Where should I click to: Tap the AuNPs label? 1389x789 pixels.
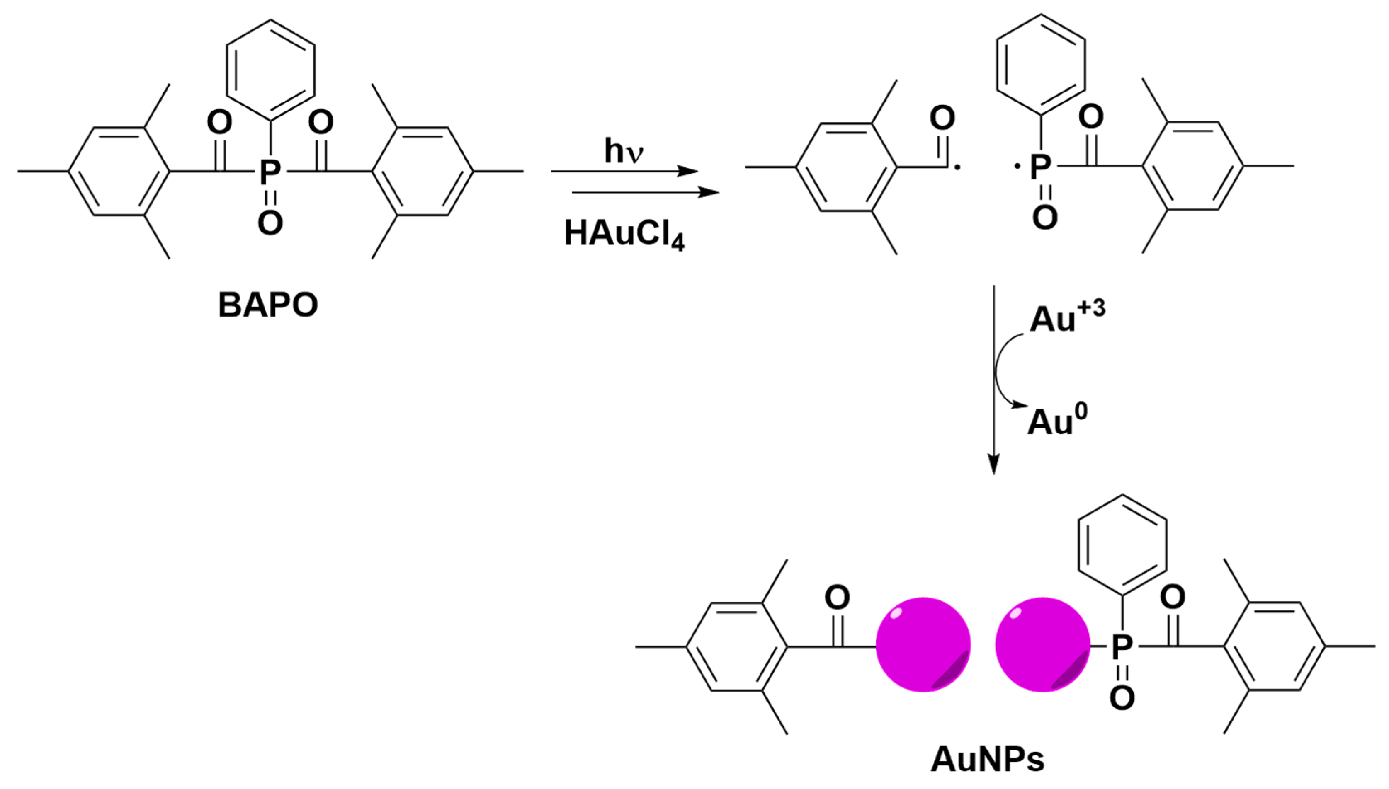(987, 760)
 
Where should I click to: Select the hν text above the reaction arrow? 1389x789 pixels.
(624, 151)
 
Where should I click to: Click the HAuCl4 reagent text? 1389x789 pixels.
(624, 235)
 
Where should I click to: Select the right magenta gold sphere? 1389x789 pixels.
(1042, 644)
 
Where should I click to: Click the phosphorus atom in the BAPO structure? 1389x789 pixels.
(270, 172)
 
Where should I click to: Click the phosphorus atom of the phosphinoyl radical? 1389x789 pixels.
(1040, 166)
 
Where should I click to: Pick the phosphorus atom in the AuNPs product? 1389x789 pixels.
(1122, 646)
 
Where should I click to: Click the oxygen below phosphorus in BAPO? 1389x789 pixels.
(270, 222)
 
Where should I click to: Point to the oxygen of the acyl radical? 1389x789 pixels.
(942, 118)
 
